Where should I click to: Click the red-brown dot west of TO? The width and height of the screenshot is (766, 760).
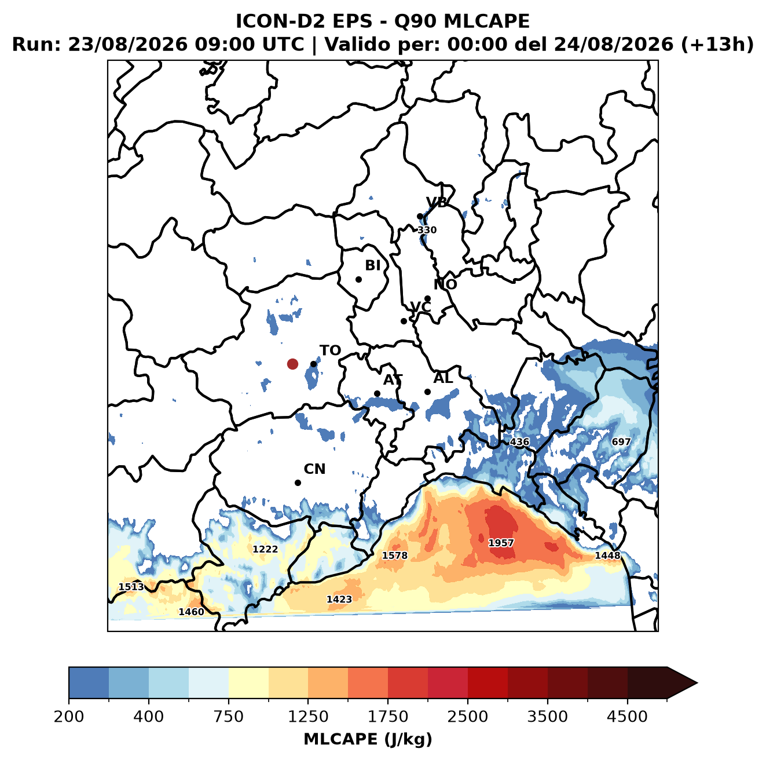[292, 364]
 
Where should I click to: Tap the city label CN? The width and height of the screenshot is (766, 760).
[314, 469]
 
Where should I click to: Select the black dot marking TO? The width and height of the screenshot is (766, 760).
[313, 364]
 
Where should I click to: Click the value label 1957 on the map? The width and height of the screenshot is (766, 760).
[500, 542]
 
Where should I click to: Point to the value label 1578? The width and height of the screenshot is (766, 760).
[394, 555]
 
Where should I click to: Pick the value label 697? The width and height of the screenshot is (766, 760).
[621, 442]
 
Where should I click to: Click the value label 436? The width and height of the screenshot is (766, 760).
[519, 442]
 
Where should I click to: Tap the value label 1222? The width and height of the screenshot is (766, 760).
[265, 549]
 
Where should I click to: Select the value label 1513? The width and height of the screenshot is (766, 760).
[131, 587]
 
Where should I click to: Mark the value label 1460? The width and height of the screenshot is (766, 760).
[191, 612]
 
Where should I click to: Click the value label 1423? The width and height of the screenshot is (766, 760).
[339, 599]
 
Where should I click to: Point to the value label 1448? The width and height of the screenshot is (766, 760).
[607, 555]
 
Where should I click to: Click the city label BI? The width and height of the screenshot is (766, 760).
[372, 265]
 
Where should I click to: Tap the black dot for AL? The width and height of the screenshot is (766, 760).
[427, 392]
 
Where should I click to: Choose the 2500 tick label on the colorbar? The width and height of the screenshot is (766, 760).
[467, 717]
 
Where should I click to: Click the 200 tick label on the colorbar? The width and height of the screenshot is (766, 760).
[69, 717]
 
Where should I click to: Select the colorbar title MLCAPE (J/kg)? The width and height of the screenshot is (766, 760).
[368, 739]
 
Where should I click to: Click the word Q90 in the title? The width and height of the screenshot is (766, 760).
[415, 21]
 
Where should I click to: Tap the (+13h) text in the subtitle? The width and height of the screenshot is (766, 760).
[717, 45]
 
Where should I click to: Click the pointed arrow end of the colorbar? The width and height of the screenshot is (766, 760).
[697, 683]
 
